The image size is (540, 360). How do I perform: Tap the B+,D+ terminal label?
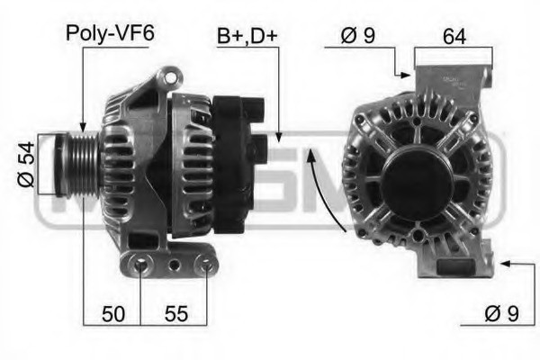pyautogui.click(x=247, y=38)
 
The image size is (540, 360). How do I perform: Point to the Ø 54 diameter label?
pyautogui.click(x=28, y=165)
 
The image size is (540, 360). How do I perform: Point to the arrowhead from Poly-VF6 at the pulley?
pyautogui.click(x=82, y=130)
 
